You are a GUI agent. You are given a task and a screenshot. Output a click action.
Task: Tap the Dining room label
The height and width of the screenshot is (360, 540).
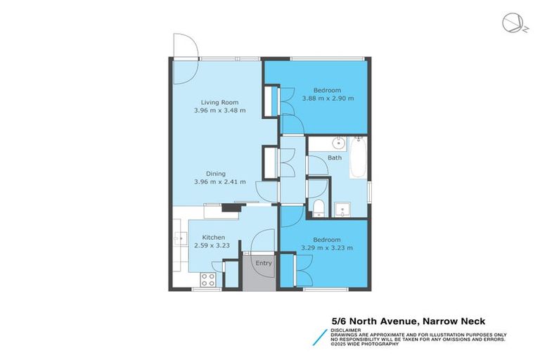click(215, 173)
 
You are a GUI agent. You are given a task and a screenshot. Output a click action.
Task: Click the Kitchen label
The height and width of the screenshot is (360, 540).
click(213, 238)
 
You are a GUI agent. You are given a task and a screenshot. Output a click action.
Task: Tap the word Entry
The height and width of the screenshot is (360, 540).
click(263, 264)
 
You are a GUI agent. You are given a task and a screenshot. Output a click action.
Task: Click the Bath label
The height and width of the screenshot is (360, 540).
click(335, 158)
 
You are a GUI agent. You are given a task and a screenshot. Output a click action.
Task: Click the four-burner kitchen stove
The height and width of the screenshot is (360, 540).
click(208, 279)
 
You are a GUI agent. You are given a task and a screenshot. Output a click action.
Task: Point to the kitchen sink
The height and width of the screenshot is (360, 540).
click(177, 240)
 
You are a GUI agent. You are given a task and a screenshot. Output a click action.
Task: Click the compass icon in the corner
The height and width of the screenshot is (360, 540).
click(513, 23)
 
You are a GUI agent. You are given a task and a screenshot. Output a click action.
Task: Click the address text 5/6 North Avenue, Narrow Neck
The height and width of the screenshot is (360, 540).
click(408, 321)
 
